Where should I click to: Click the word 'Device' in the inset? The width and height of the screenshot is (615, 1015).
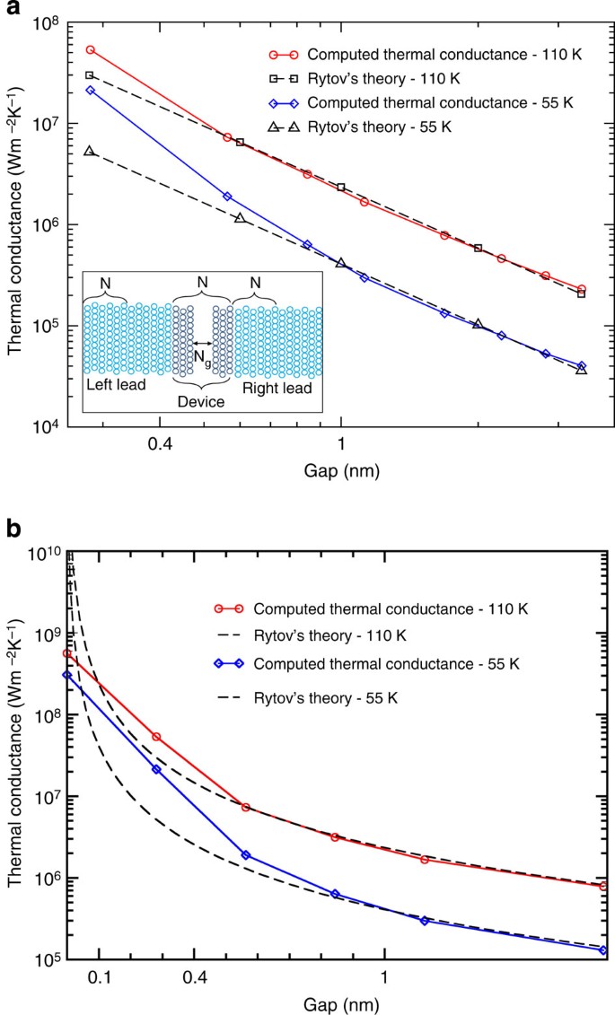[x=200, y=402]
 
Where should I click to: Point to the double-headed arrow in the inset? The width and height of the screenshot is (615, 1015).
[x=202, y=343]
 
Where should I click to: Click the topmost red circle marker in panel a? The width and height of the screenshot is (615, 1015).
[x=90, y=50]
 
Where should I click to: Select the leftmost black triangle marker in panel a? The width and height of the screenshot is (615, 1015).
[x=89, y=151]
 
